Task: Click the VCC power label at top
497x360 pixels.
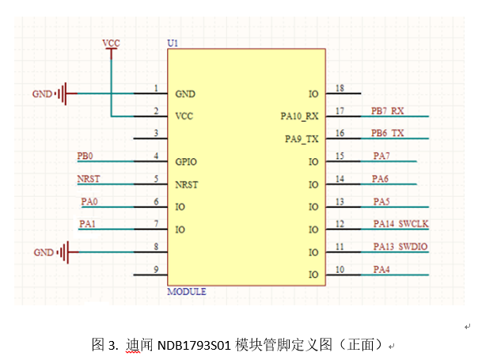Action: click(x=111, y=41)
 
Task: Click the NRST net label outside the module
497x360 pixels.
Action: click(x=88, y=179)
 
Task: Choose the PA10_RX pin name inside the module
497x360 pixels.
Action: click(x=300, y=116)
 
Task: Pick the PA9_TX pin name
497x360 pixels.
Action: click(x=302, y=139)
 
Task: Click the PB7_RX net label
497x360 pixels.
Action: click(x=388, y=110)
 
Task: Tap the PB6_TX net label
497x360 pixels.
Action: click(x=388, y=133)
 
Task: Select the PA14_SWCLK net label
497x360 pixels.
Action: click(x=400, y=224)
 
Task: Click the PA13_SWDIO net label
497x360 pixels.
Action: click(x=400, y=247)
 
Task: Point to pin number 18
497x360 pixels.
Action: click(x=340, y=88)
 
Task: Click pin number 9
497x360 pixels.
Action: click(x=157, y=269)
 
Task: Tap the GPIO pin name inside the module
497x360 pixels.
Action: click(x=187, y=162)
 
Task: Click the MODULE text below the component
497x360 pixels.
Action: click(x=187, y=292)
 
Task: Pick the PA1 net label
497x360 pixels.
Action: click(x=88, y=224)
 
